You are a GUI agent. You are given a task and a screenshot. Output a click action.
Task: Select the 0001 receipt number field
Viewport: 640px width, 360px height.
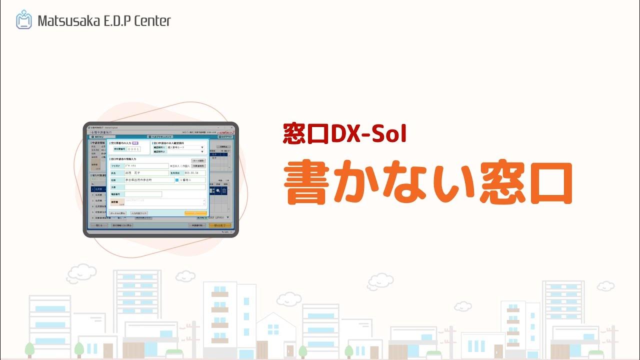point(133,148)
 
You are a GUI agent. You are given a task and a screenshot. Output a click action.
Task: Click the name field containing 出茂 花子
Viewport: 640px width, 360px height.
point(146,172)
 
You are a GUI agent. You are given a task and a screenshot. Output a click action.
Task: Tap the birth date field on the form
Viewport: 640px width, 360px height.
point(194,172)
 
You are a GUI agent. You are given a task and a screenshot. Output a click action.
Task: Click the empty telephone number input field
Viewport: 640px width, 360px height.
point(143,194)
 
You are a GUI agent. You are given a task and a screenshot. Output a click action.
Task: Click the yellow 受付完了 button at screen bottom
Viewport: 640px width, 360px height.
point(220,225)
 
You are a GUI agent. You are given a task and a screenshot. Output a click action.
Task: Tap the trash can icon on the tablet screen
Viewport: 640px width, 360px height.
point(224,190)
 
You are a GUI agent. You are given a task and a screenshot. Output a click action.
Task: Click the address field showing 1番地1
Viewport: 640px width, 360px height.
point(192,179)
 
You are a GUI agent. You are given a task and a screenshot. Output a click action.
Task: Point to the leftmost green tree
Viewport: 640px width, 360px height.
point(29,348)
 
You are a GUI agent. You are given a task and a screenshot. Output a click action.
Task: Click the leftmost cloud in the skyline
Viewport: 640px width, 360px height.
point(81,273)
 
